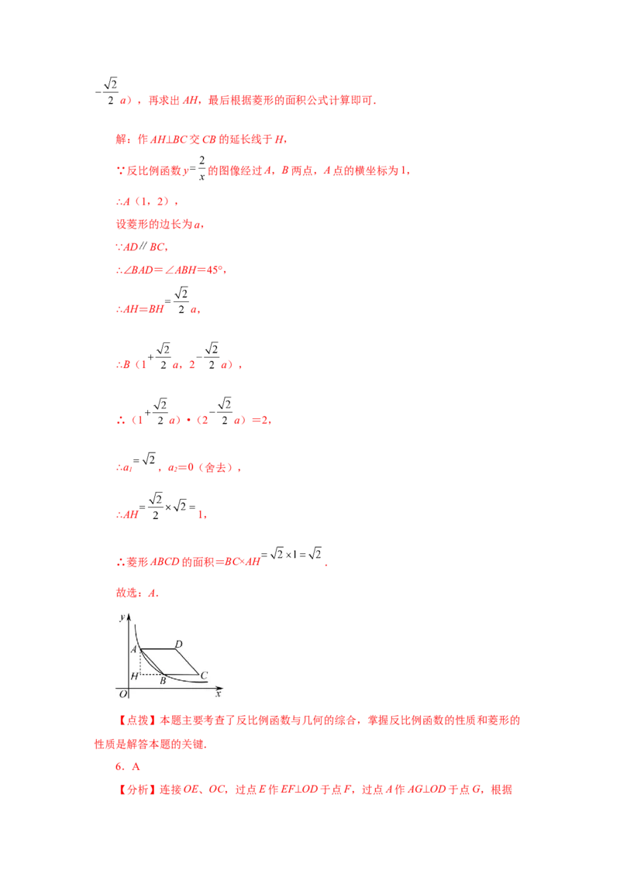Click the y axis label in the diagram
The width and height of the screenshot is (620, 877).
122,617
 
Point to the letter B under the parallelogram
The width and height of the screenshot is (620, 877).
163,681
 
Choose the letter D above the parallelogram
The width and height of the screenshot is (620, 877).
178,644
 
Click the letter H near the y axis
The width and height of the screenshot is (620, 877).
134,676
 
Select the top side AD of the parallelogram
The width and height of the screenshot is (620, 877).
158,649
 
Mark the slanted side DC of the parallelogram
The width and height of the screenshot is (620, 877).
188,662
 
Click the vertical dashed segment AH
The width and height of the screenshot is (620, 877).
140,662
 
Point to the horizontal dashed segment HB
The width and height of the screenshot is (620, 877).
151,674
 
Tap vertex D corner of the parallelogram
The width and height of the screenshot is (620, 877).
177,649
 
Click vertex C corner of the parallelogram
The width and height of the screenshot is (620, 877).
198,674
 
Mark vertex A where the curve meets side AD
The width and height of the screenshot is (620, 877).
140,649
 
